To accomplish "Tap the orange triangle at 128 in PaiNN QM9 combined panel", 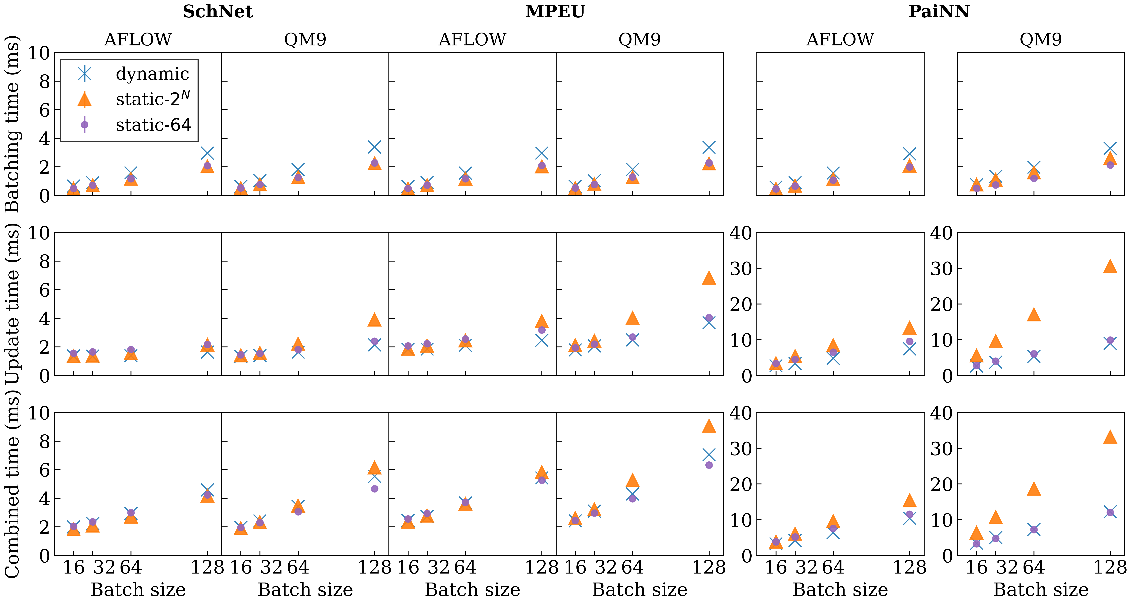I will [x=1110, y=437].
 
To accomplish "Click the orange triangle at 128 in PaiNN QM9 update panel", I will [x=1110, y=266].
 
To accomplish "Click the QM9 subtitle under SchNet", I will [x=305, y=39].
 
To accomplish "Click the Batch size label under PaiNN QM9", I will [x=1041, y=589].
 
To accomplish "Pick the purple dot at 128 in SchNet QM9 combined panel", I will [x=374, y=488].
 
